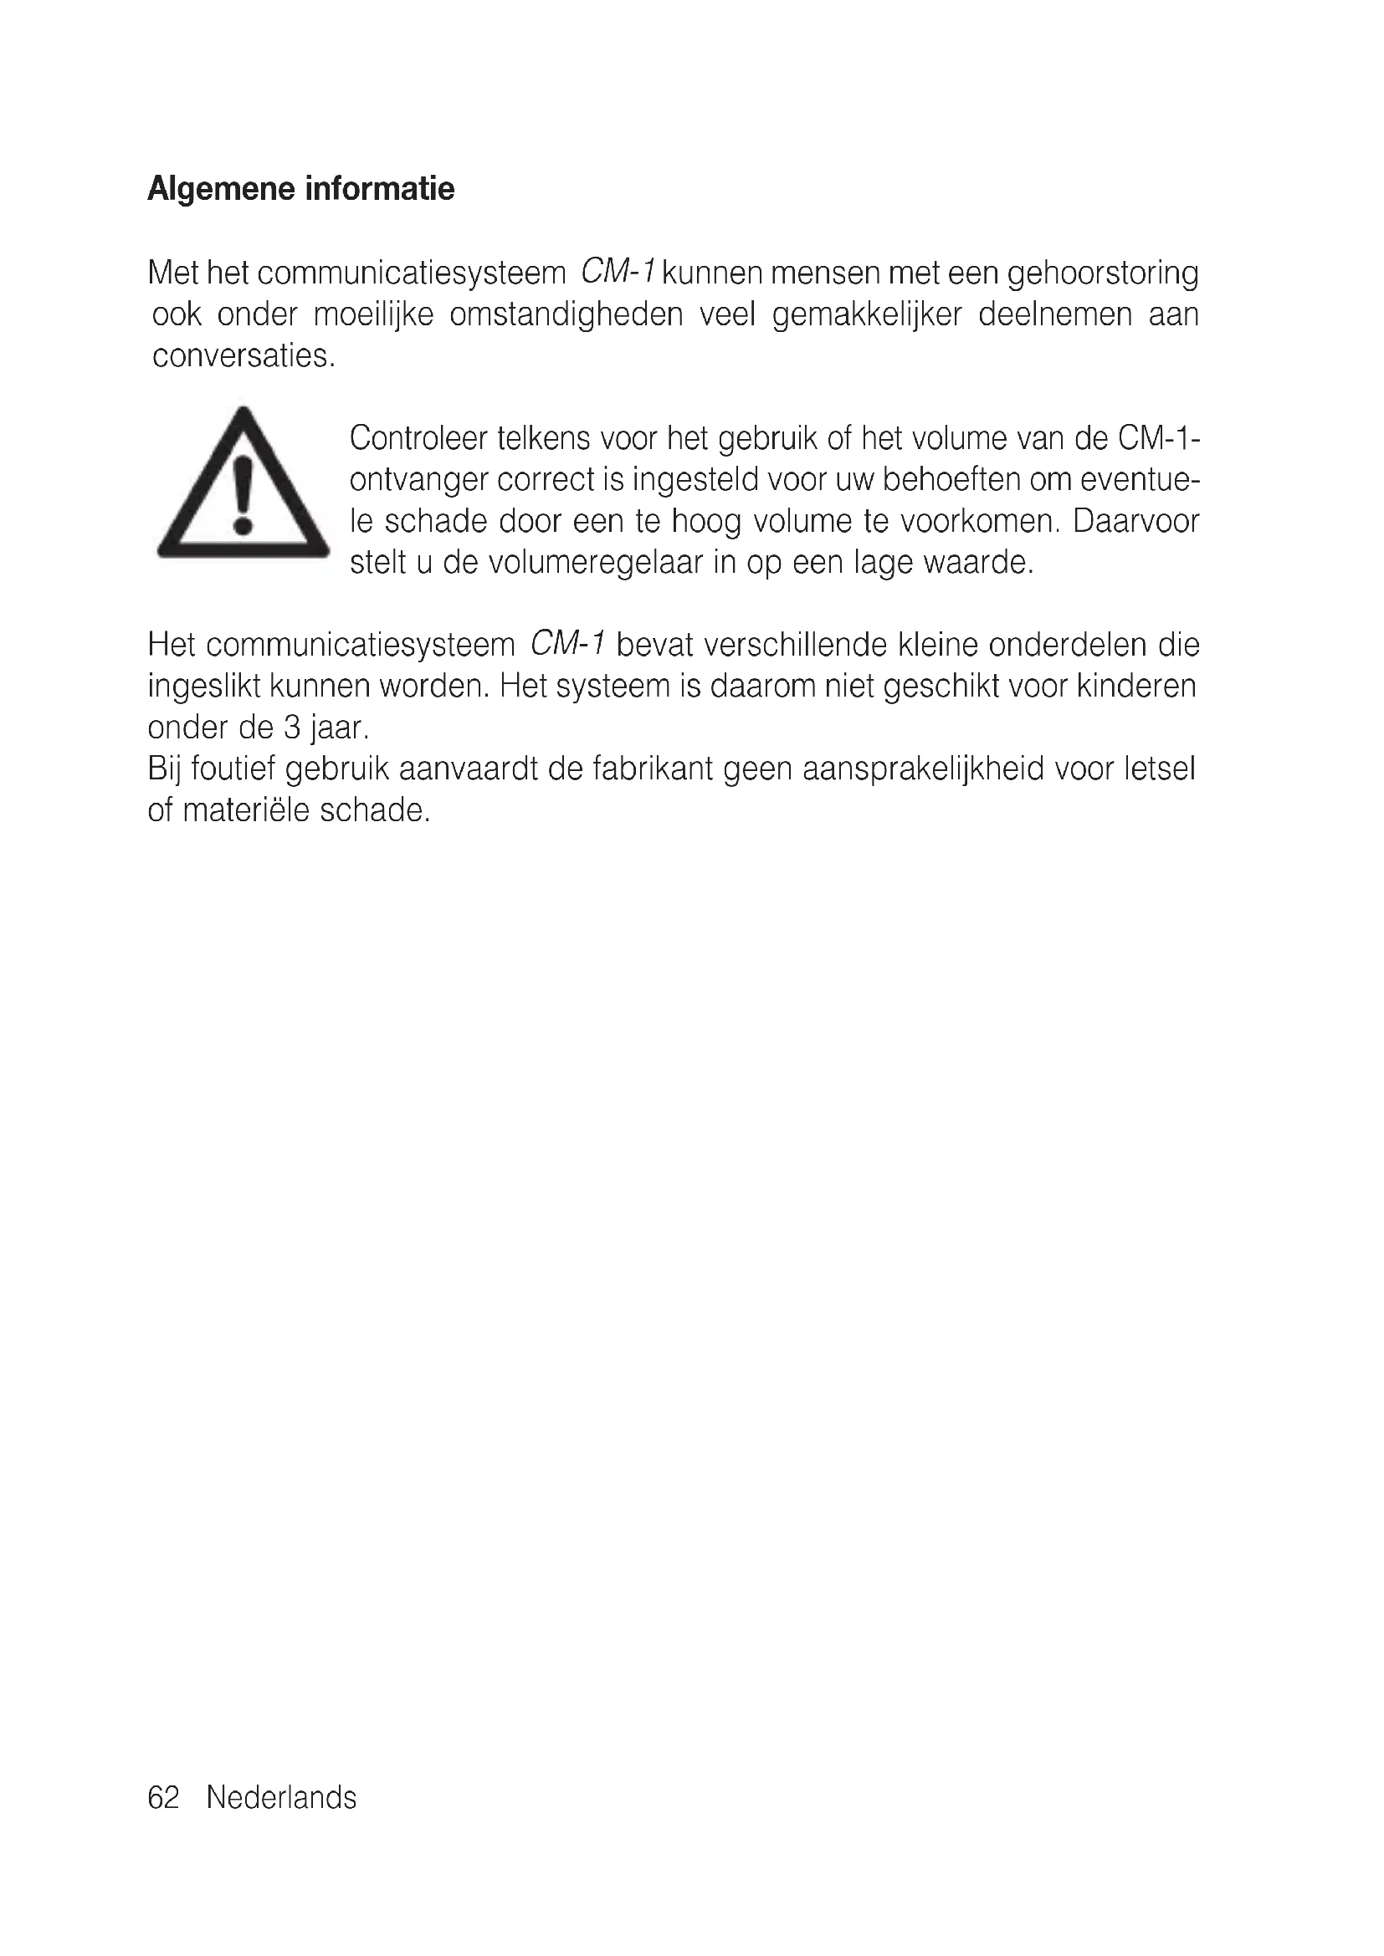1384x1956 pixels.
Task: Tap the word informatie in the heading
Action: (x=379, y=188)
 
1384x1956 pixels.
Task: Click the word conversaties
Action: (x=243, y=356)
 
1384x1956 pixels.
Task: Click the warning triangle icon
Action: (x=243, y=485)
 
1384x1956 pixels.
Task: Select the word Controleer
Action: (x=417, y=439)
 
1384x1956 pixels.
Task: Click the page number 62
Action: (x=164, y=1798)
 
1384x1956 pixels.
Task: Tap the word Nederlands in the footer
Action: (x=281, y=1798)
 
